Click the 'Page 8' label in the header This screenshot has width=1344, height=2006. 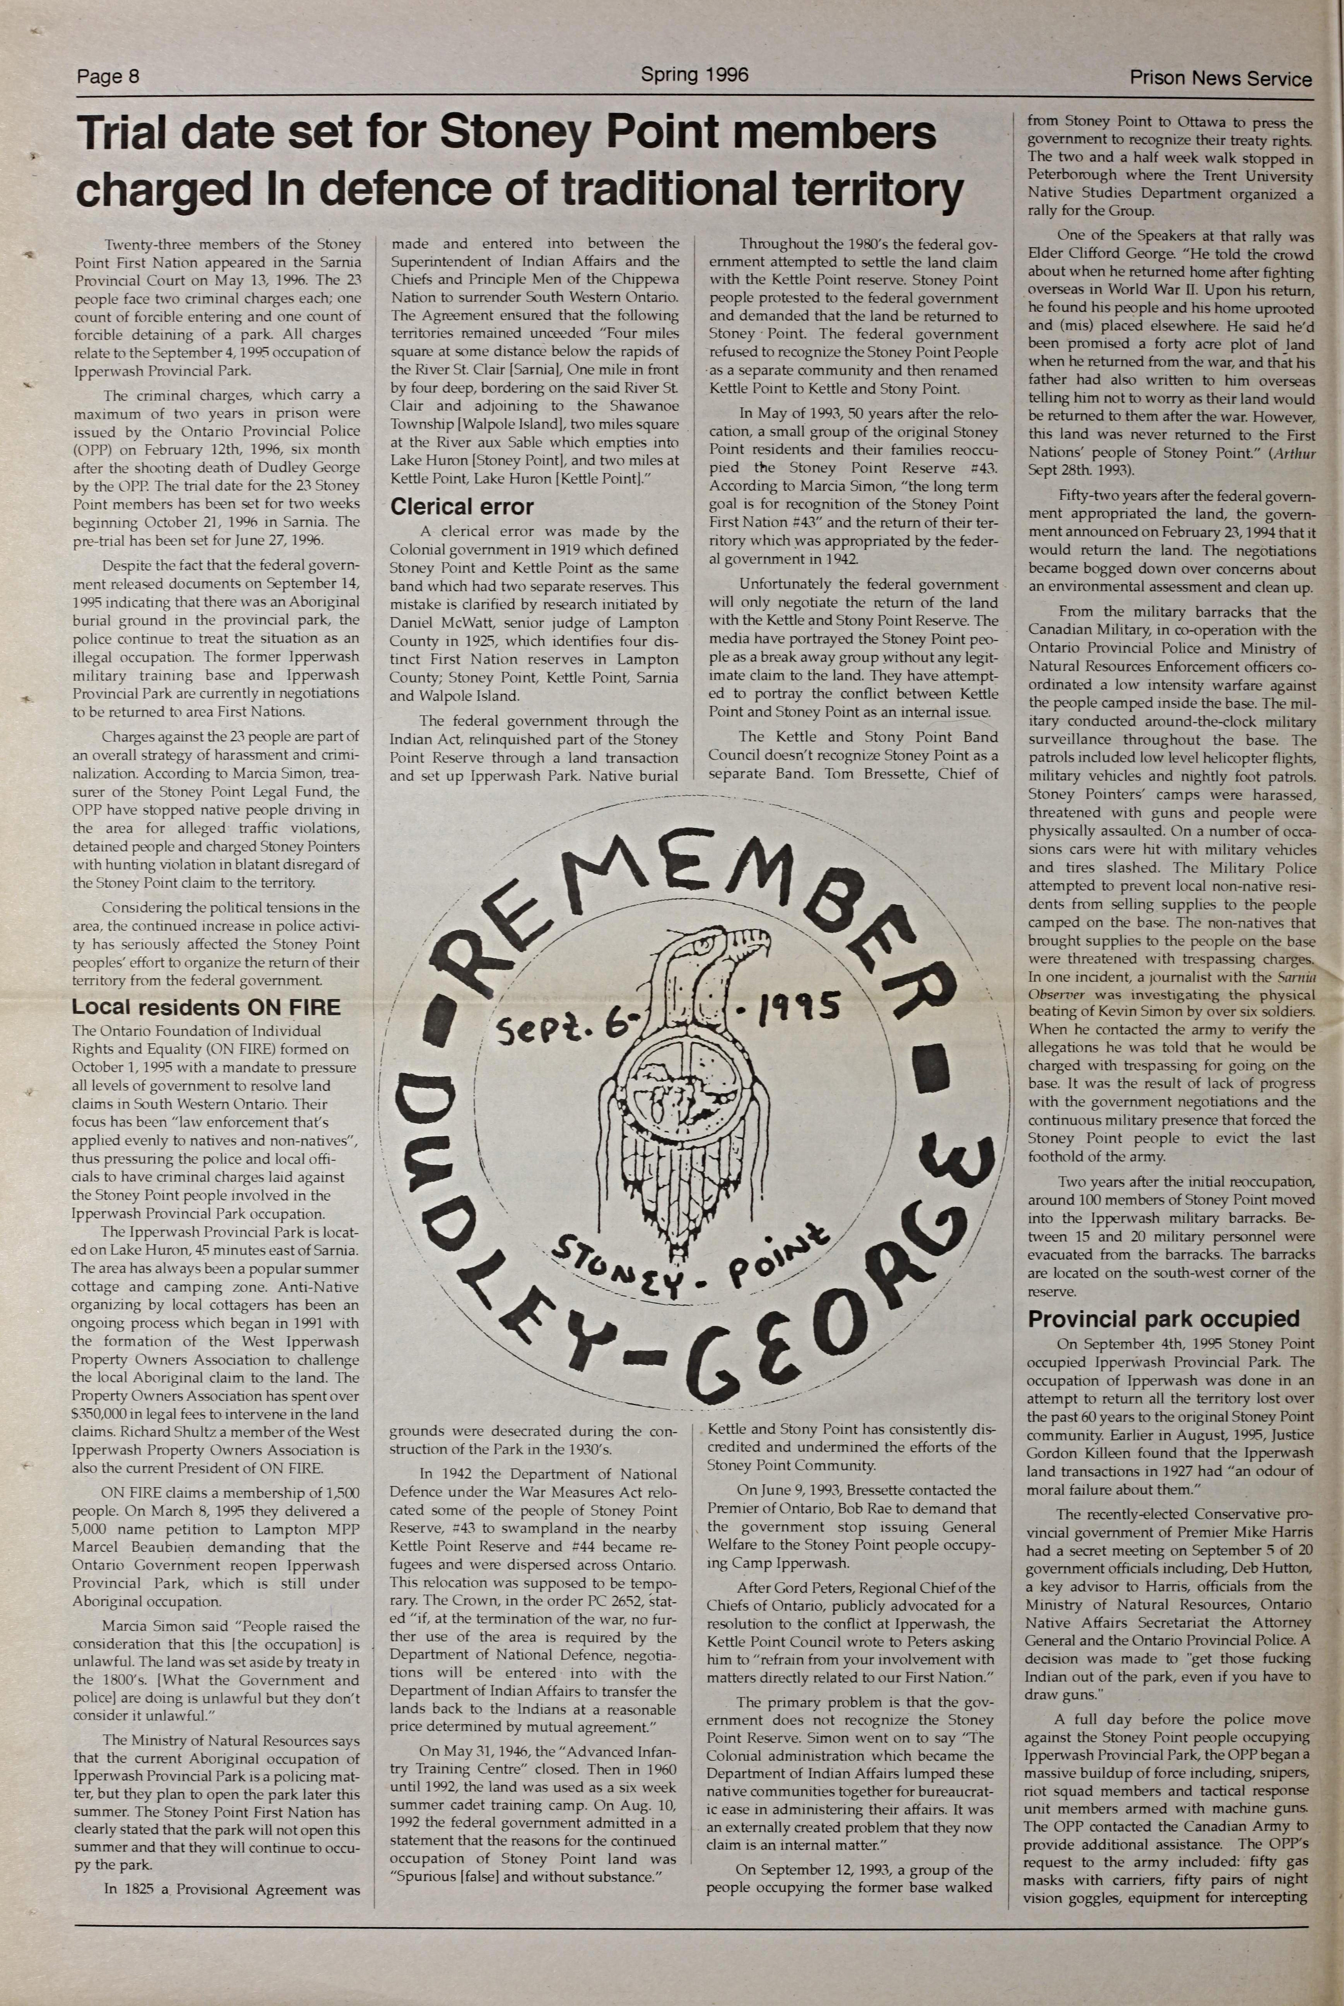[108, 76]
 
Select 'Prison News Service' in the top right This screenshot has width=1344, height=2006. [1220, 79]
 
